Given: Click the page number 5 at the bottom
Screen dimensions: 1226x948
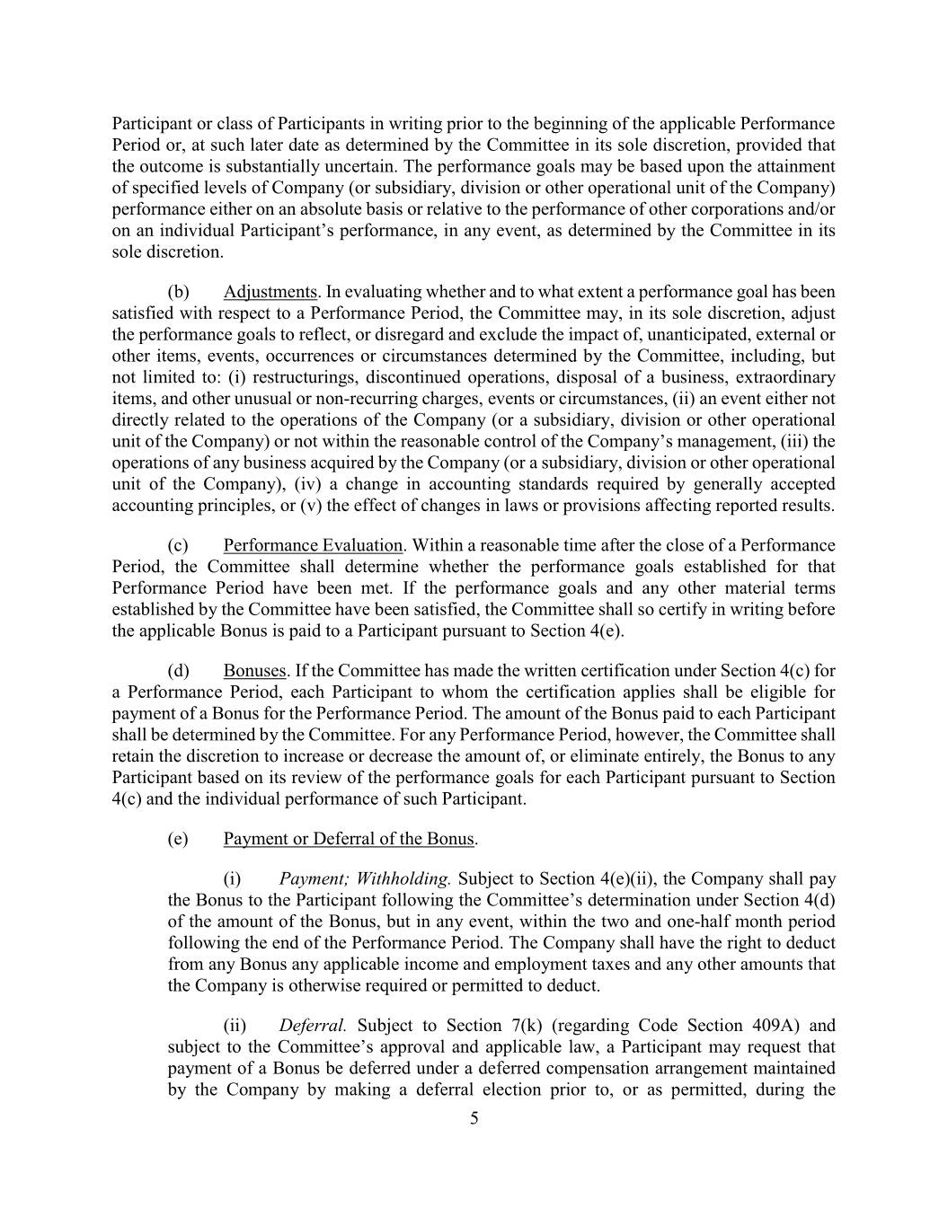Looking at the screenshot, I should [474, 1118].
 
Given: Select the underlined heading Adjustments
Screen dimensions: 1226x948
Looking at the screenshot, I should [270, 292].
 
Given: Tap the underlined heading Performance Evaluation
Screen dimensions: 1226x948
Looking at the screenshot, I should [313, 545].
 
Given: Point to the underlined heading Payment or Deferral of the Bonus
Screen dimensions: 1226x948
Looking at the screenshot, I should [349, 839].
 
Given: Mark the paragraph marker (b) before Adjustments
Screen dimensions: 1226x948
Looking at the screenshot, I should [178, 292].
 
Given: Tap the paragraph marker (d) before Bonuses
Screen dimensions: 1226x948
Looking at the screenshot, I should [178, 671].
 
